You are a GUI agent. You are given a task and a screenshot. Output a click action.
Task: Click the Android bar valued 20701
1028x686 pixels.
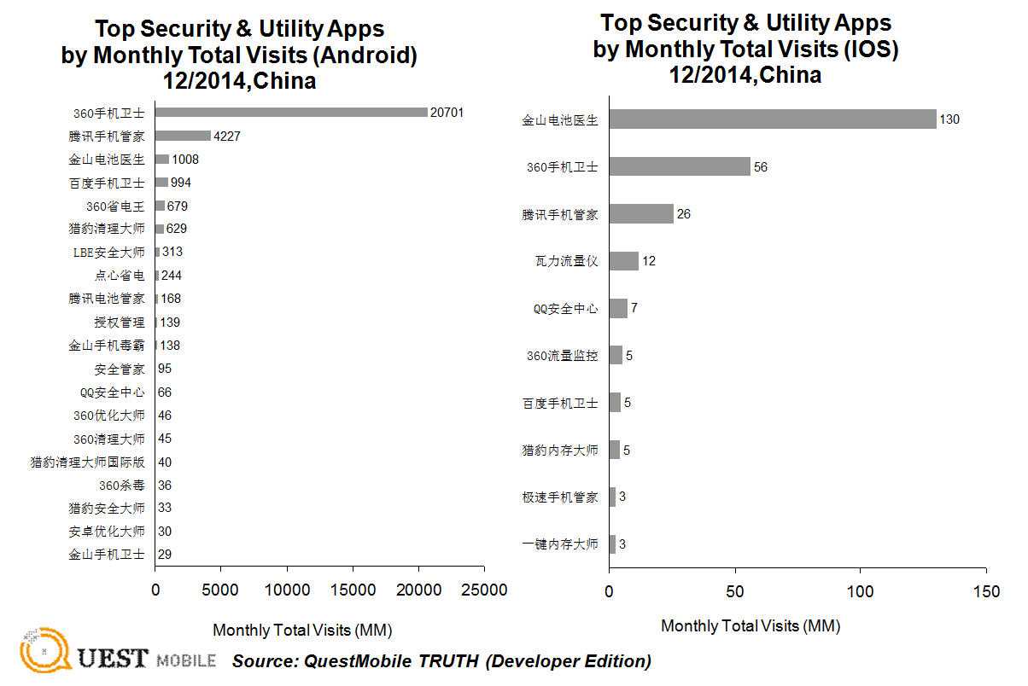(291, 112)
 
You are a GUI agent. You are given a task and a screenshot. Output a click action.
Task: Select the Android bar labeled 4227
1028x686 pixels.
(183, 135)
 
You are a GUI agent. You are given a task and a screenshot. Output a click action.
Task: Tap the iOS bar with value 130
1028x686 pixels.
(773, 119)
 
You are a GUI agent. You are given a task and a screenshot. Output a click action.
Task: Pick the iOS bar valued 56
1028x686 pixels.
(680, 166)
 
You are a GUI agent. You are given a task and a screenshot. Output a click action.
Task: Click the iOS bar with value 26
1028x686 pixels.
(641, 214)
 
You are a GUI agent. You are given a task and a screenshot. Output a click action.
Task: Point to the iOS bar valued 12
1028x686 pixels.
(623, 261)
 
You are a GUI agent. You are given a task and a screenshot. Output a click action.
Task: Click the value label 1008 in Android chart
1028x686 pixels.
(185, 159)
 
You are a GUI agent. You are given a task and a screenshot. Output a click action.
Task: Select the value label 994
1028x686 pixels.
(184, 182)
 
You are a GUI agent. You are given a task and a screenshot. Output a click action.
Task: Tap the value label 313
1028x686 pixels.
(172, 252)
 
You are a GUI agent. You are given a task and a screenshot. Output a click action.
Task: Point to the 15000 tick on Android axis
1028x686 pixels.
(353, 590)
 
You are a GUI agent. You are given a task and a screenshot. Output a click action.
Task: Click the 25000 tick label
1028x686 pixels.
(484, 590)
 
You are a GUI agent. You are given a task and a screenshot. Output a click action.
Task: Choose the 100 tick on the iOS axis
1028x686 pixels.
(861, 591)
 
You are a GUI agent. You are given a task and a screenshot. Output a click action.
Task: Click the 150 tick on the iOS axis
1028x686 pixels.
(986, 591)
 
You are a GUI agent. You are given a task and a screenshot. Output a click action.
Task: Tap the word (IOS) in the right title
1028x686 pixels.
(870, 49)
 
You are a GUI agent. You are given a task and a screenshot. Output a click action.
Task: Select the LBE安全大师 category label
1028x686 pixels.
(109, 252)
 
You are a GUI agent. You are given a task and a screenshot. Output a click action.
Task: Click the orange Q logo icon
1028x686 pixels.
(43, 652)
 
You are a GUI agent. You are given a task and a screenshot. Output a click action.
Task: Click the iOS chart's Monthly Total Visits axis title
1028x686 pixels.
(750, 625)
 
